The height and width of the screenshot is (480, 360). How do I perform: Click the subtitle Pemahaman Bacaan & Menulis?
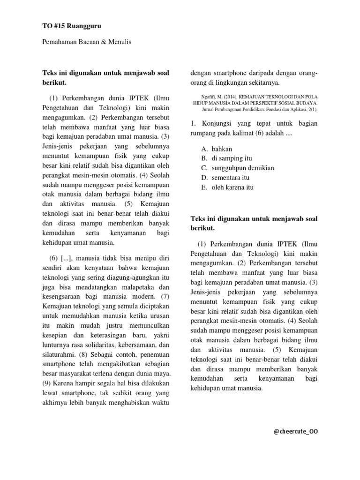87,42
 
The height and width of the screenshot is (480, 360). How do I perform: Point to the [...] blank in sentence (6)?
66,258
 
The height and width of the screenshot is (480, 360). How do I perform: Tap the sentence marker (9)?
47,383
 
